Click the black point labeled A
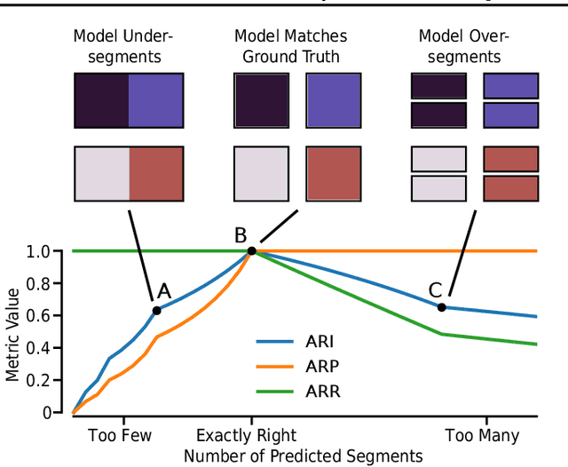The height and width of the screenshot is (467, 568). pyautogui.click(x=157, y=310)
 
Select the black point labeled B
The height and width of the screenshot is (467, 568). pyautogui.click(x=251, y=251)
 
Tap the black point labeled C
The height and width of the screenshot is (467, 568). pyautogui.click(x=442, y=307)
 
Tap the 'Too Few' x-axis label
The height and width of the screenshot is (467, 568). pyautogui.click(x=120, y=436)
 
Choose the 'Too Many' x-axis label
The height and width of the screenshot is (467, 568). pyautogui.click(x=482, y=436)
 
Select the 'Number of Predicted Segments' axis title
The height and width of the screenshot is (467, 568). pyautogui.click(x=303, y=455)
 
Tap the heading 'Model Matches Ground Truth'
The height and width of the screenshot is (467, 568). pyautogui.click(x=290, y=46)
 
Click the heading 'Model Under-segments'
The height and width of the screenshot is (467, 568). pyautogui.click(x=123, y=46)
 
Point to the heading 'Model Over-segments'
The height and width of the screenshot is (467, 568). pyautogui.click(x=459, y=46)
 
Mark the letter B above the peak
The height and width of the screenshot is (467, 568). pyautogui.click(x=241, y=235)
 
